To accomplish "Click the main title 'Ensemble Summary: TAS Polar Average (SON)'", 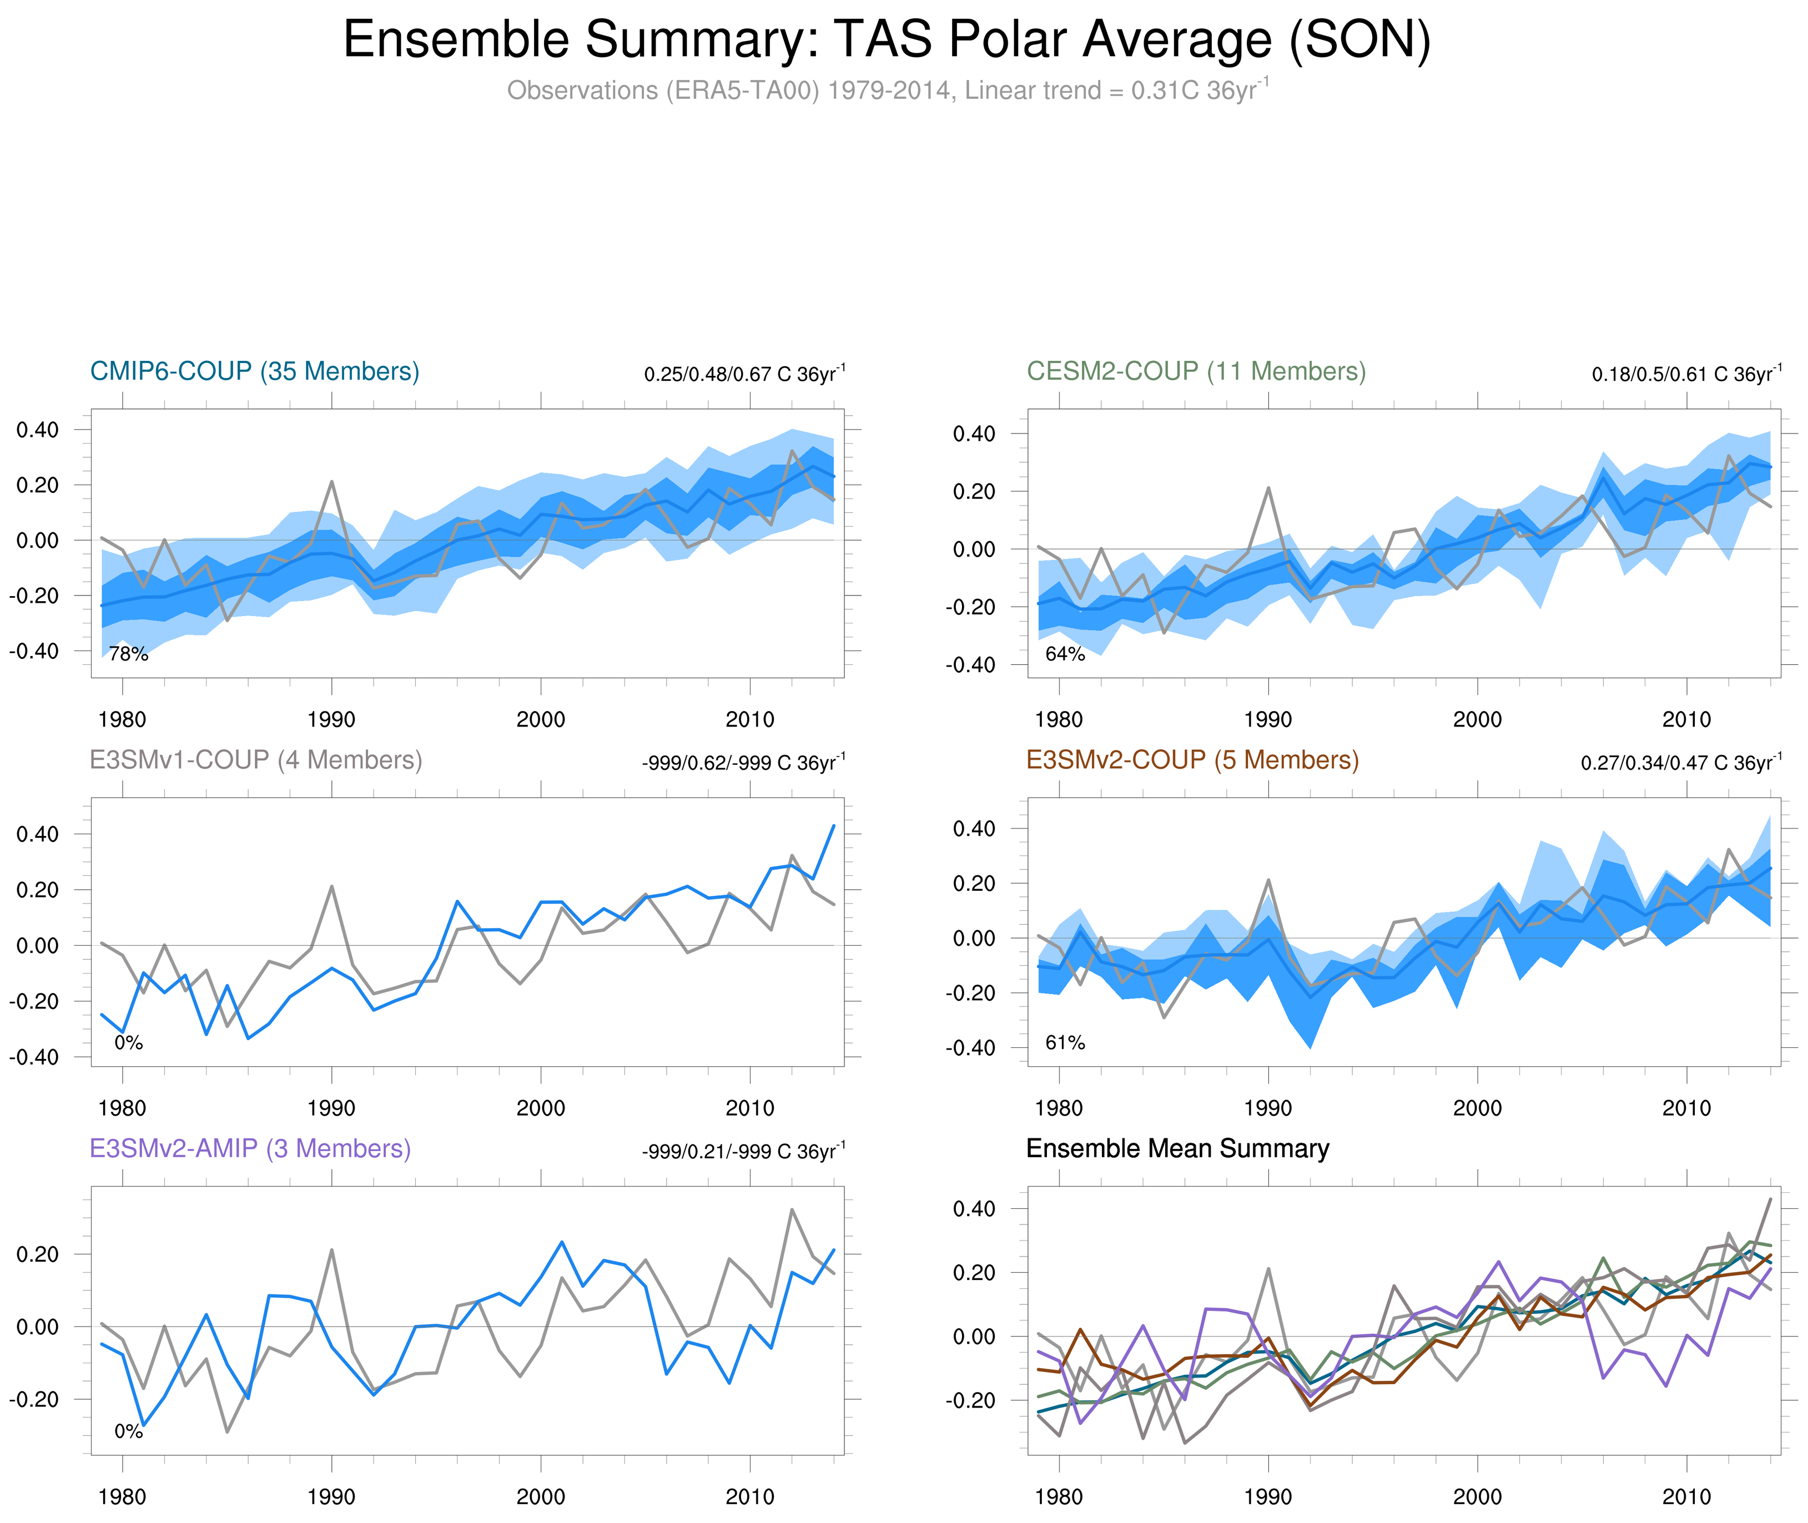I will click(886, 40).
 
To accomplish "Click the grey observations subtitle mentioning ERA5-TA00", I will click(886, 90).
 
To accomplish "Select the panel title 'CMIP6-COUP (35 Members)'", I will click(255, 371).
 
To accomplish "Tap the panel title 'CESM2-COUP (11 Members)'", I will click(1196, 371).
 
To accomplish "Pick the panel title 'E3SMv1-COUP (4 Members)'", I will click(255, 760).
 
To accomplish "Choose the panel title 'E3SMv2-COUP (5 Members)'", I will click(1191, 760).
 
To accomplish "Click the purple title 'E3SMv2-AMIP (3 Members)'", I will click(250, 1148).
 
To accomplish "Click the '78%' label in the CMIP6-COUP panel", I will click(129, 654).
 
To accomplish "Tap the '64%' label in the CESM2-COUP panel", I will click(1065, 654).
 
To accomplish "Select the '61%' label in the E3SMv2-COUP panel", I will click(1065, 1043).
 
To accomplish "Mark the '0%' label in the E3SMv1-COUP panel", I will click(129, 1043).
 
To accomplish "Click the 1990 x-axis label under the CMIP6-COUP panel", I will click(331, 719).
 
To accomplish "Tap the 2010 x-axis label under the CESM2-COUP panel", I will click(1686, 719).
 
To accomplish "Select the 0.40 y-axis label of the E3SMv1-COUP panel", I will click(38, 834).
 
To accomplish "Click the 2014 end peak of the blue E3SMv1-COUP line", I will click(833, 826).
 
